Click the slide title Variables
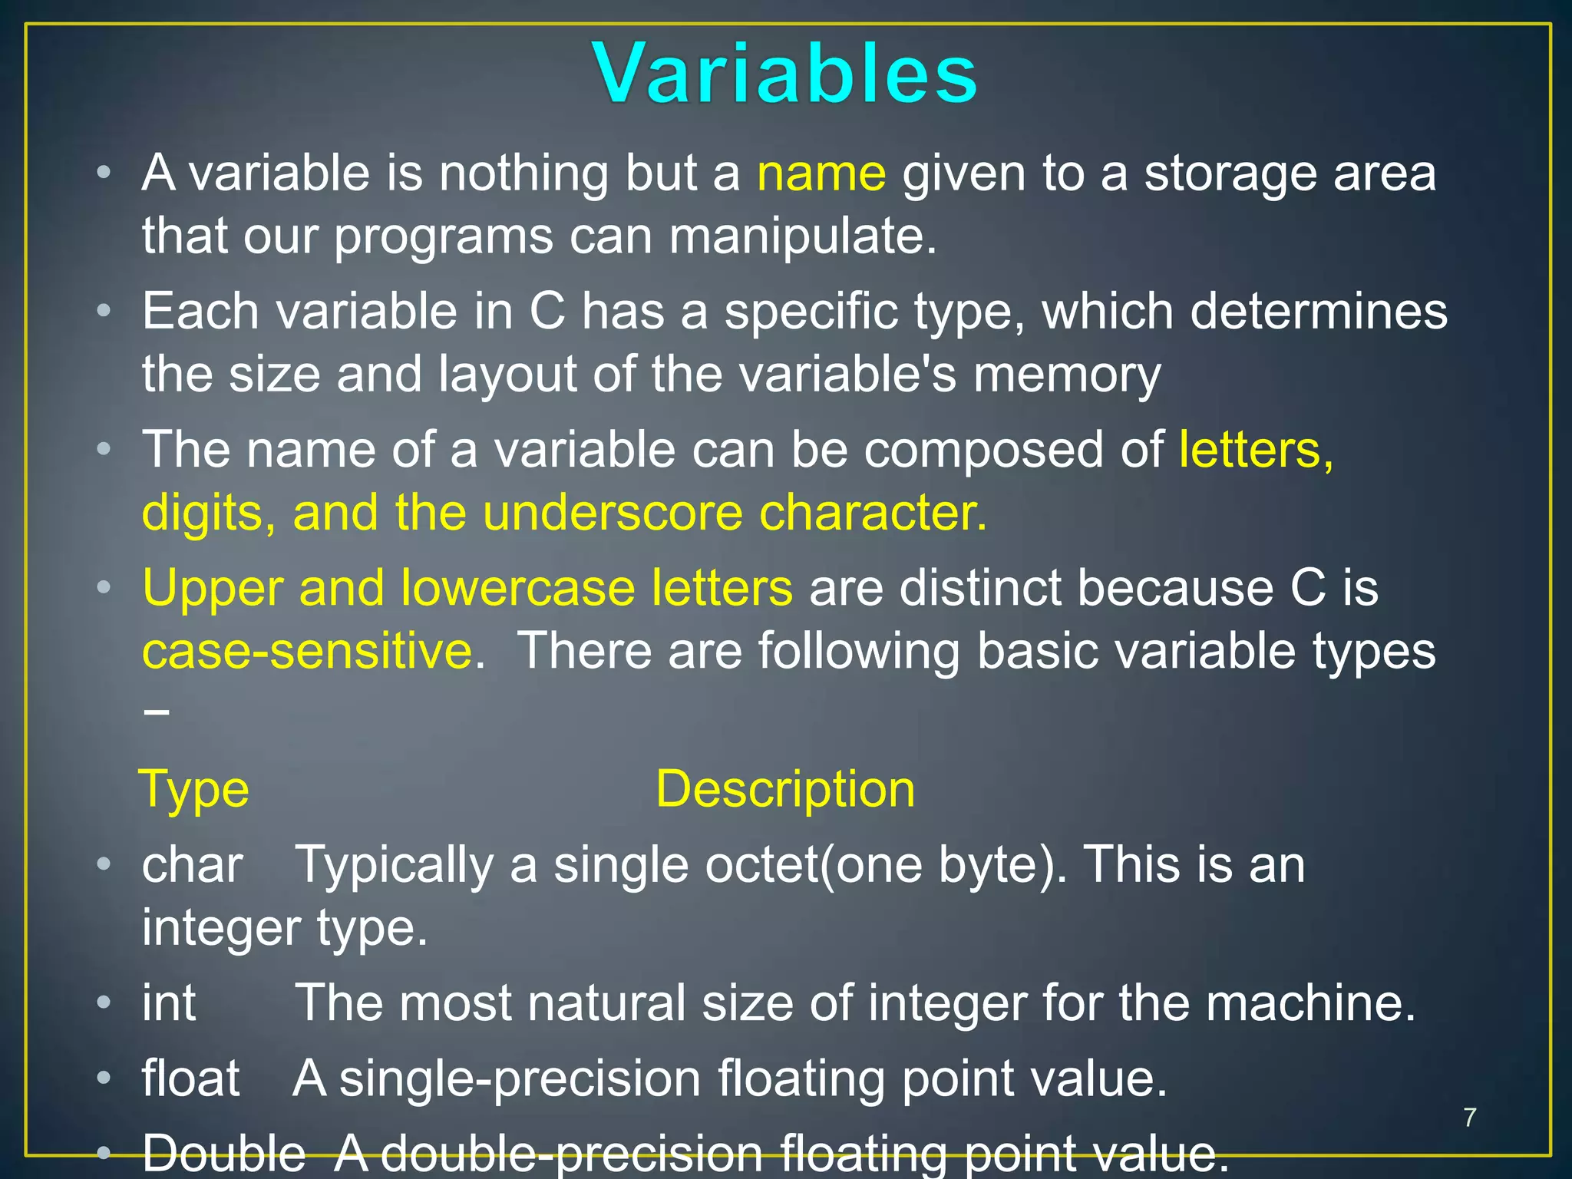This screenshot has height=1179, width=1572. point(784,74)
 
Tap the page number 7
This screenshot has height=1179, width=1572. point(1469,1118)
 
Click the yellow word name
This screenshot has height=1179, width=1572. point(821,174)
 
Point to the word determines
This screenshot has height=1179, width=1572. point(1318,312)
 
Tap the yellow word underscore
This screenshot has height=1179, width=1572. point(613,513)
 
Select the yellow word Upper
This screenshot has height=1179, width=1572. point(212,589)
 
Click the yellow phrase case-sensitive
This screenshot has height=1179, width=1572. point(307,652)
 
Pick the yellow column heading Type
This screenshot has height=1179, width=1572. point(194,790)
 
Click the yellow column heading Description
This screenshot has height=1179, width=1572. point(784,790)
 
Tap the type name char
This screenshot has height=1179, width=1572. point(192,866)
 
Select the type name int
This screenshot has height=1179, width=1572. point(168,1003)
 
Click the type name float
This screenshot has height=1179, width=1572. point(190,1078)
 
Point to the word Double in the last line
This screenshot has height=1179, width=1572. point(223,1154)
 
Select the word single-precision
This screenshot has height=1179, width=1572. point(520,1078)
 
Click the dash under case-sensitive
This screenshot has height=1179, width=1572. point(156,712)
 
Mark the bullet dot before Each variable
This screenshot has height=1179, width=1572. point(104,312)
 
